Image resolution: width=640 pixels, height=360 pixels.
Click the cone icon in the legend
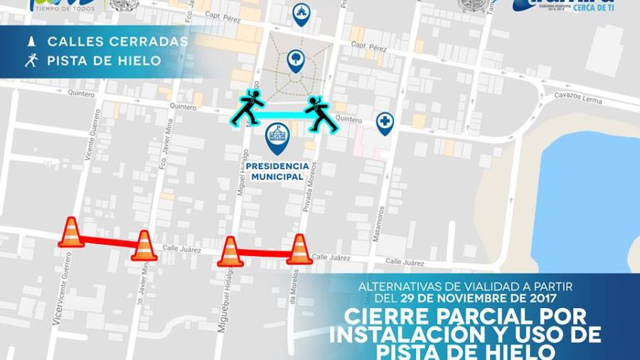tap(31, 41)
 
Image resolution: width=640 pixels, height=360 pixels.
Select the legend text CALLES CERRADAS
tap(117, 41)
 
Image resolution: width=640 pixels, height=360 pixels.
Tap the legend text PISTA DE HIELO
tap(104, 60)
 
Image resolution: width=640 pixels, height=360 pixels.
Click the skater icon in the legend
tap(31, 60)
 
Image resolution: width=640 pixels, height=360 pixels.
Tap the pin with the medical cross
tap(385, 122)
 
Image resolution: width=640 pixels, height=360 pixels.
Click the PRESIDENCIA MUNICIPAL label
tap(277, 171)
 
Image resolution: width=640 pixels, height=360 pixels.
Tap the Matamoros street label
tap(382, 223)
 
